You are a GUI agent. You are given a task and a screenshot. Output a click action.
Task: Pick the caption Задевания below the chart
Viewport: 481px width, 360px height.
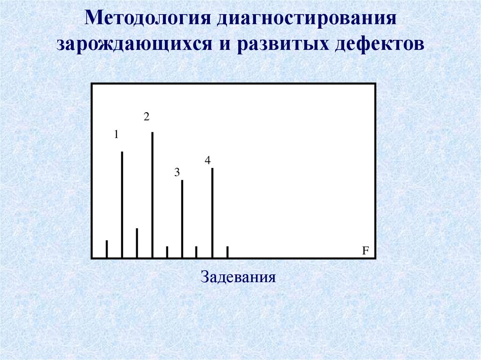[238, 276]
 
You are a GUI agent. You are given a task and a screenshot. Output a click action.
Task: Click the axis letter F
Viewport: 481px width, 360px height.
[364, 251]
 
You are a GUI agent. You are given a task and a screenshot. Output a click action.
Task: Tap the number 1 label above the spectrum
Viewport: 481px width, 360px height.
[116, 135]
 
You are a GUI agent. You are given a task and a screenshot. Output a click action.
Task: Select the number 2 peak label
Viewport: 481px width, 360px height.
[147, 117]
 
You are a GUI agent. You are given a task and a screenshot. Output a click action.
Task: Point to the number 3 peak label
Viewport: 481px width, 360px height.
[177, 173]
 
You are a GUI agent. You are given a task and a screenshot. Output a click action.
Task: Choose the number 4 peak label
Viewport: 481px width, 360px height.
[207, 161]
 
